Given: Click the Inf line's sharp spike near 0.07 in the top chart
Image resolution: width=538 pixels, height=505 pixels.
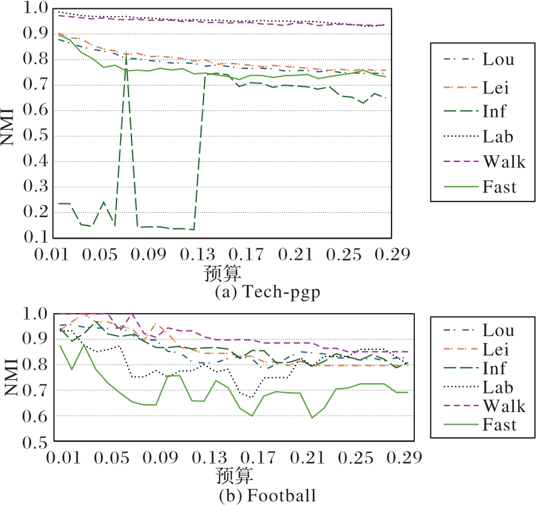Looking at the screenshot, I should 125,54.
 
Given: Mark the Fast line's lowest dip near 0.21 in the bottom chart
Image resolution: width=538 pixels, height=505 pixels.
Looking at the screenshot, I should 312,417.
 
